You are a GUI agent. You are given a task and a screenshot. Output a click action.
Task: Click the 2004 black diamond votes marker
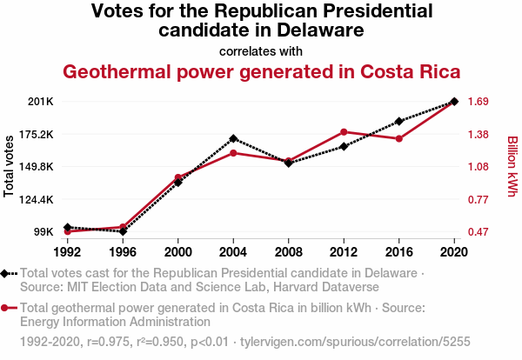(233, 138)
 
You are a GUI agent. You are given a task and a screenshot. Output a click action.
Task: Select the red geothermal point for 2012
(344, 131)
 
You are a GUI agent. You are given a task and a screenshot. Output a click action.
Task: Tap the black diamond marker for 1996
(123, 231)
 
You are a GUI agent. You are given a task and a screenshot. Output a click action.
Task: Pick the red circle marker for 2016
(398, 138)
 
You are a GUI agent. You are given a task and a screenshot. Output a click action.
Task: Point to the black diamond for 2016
(398, 121)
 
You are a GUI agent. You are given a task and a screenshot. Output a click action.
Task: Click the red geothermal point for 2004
(233, 153)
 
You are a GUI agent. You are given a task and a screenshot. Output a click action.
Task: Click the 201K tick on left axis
(41, 102)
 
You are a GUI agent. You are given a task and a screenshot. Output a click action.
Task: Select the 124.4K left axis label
(37, 199)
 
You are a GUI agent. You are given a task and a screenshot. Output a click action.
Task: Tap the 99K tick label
(43, 232)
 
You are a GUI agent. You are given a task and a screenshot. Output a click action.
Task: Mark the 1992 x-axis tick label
(68, 252)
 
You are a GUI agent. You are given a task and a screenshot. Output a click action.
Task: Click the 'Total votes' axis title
(10, 166)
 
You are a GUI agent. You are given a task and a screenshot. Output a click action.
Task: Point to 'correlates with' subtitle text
(260, 50)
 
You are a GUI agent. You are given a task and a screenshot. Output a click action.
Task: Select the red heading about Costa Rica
(260, 70)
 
